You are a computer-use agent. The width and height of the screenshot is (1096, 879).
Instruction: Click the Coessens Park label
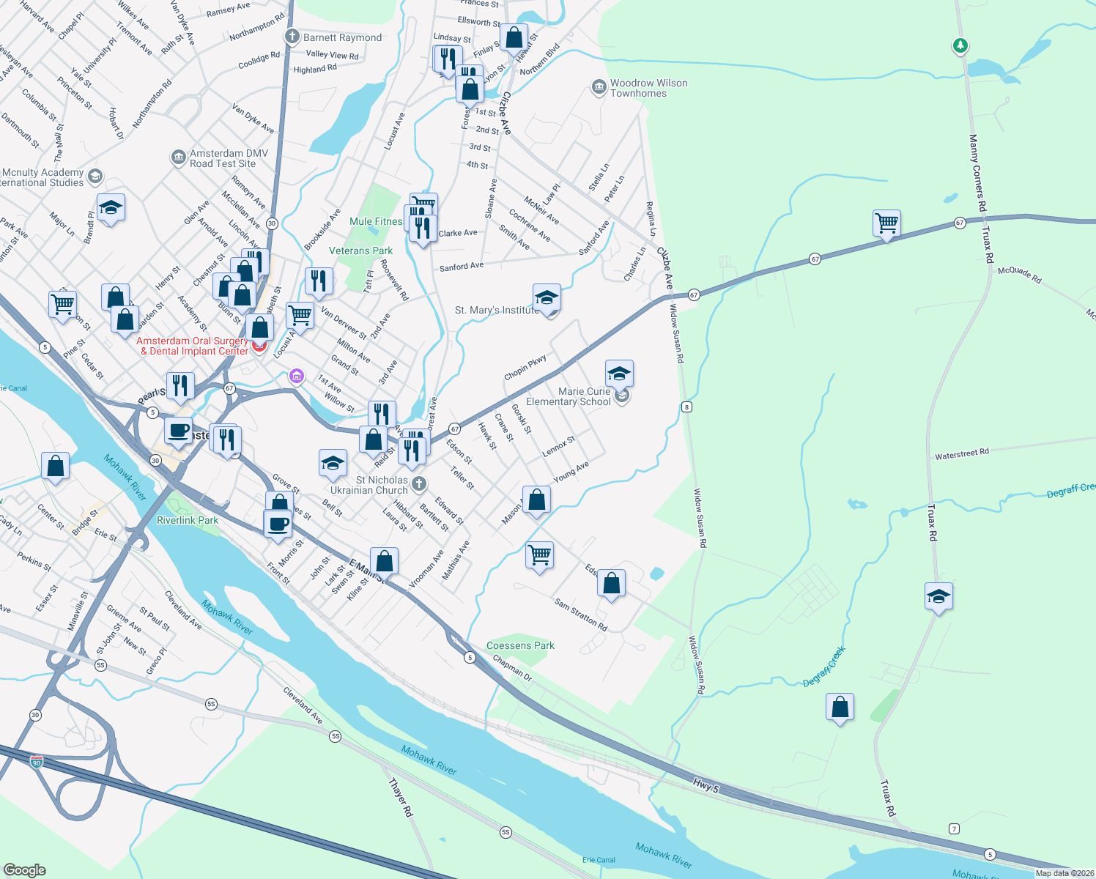tap(520, 645)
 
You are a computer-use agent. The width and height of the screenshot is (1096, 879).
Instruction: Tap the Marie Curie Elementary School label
tap(569, 396)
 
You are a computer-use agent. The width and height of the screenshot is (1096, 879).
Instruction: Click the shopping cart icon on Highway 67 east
tap(886, 223)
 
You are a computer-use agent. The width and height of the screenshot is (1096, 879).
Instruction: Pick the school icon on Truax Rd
tap(938, 596)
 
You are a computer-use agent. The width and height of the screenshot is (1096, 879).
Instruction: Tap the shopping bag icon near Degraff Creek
tap(840, 707)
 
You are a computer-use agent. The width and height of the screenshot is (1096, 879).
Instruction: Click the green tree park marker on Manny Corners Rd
tap(960, 46)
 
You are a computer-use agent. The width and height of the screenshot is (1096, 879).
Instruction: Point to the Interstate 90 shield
tap(37, 763)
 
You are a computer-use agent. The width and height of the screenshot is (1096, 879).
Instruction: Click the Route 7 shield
tap(953, 828)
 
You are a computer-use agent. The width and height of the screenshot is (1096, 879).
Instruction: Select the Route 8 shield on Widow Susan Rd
tap(686, 407)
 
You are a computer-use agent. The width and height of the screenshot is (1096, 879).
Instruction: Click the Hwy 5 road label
tap(706, 785)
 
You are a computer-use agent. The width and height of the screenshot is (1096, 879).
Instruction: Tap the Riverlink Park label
tap(188, 520)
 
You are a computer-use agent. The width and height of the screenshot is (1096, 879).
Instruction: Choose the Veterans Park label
tap(360, 251)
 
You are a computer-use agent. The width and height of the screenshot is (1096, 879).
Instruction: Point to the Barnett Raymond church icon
tap(292, 37)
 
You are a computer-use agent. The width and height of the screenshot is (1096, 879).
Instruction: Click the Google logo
tap(24, 869)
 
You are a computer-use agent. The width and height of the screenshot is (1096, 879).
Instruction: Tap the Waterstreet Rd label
tap(961, 454)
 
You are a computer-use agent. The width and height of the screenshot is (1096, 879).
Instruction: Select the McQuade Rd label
tap(1019, 275)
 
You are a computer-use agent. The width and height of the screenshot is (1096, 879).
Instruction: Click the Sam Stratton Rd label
tap(580, 615)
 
